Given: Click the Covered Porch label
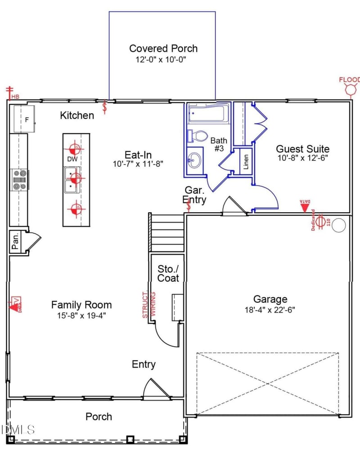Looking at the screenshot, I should click(x=163, y=49).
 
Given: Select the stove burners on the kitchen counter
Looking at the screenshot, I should click(x=20, y=179).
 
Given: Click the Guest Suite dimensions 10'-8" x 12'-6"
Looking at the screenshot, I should click(x=302, y=158).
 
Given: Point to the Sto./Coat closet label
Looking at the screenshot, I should click(x=168, y=273).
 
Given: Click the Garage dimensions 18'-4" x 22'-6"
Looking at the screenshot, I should click(x=270, y=309).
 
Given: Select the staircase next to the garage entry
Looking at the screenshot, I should click(x=166, y=233).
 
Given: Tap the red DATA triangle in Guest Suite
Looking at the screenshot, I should click(x=305, y=206).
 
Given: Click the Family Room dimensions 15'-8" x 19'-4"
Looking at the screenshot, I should click(x=81, y=315).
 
